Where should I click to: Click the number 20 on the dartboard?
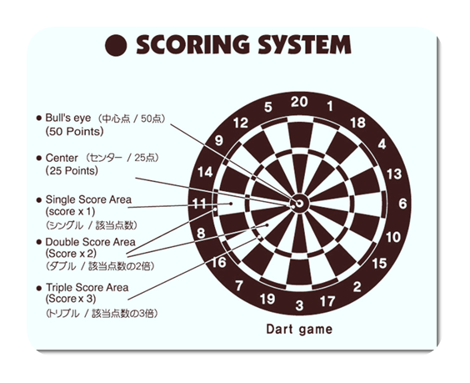tap(299, 102)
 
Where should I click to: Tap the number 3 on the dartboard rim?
tap(299, 305)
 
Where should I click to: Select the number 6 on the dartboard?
tap(402, 204)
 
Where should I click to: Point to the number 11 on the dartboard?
tap(199, 204)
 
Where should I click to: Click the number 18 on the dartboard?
tap(357, 123)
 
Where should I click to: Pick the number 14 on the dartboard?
tap(205, 172)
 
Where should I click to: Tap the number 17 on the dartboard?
tap(327, 301)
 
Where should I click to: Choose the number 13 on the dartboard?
tap(394, 174)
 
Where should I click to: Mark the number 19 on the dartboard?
tap(267, 299)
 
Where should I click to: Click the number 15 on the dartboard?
tap(379, 264)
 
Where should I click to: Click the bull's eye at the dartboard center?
tap(299, 204)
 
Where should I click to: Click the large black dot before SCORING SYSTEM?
tap(116, 45)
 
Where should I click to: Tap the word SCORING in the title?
tap(193, 45)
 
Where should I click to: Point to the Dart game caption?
tap(299, 330)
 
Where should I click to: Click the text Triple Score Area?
tap(87, 287)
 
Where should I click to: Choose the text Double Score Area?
tap(90, 242)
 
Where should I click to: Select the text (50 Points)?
tap(74, 132)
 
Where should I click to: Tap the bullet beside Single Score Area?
tap(38, 200)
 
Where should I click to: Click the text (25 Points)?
tap(72, 171)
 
